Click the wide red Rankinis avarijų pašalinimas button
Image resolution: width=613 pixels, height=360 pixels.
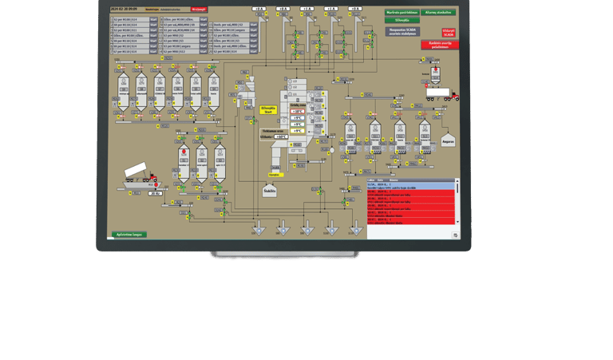(x=440, y=45)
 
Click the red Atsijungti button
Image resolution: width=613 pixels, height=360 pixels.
(x=199, y=10)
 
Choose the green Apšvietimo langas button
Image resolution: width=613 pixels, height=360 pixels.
(x=129, y=235)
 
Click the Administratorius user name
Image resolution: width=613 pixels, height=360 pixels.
(x=170, y=10)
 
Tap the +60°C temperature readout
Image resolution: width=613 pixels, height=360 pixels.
(x=280, y=136)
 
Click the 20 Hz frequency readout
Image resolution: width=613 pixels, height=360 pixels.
(x=155, y=193)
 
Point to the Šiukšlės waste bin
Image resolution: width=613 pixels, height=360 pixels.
(x=269, y=190)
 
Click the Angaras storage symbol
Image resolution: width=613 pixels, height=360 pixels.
(x=448, y=140)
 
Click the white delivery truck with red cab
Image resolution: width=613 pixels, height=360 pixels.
(x=441, y=93)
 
